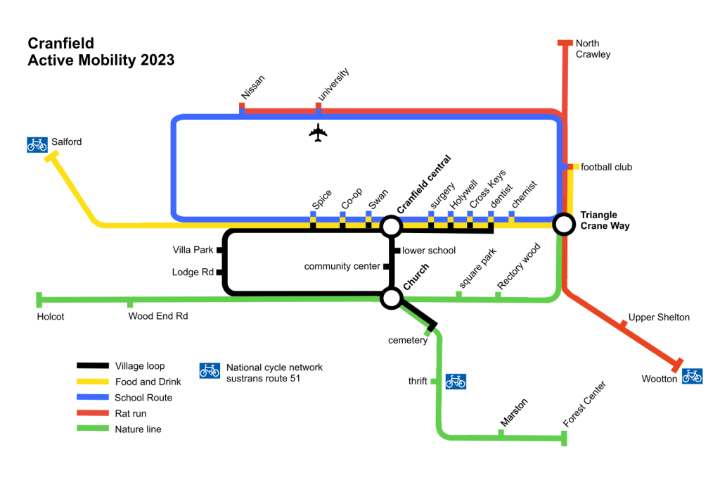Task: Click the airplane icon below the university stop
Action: click(x=319, y=133)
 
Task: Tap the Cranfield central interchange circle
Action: click(x=391, y=227)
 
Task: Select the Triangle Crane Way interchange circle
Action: click(x=563, y=225)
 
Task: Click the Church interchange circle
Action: click(x=391, y=298)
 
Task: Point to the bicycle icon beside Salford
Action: click(x=37, y=144)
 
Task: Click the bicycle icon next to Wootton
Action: click(x=692, y=377)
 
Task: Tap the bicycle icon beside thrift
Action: click(x=456, y=382)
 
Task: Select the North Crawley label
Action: click(x=592, y=49)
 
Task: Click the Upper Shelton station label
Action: click(x=659, y=317)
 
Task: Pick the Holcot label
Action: click(x=51, y=317)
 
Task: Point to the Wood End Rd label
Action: click(x=158, y=316)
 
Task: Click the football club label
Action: click(x=606, y=167)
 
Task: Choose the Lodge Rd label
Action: click(x=193, y=272)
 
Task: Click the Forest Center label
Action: click(x=584, y=404)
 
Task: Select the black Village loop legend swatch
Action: click(x=93, y=365)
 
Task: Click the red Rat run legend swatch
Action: click(x=93, y=413)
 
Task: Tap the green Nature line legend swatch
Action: click(x=93, y=429)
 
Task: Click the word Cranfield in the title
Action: click(x=60, y=44)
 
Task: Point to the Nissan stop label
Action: click(x=251, y=88)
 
